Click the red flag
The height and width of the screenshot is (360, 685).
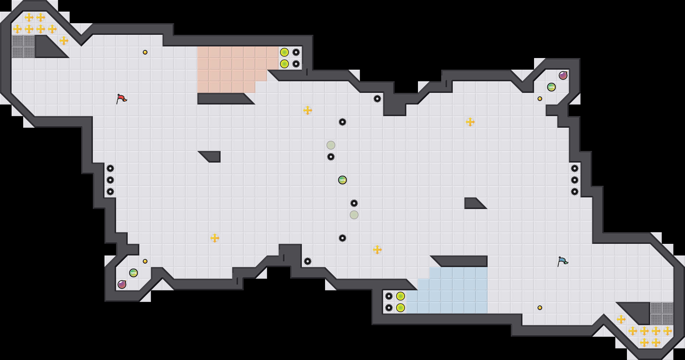pos(121,99)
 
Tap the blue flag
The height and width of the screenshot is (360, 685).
pos(563,261)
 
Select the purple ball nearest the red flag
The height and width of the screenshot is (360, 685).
pos(122,284)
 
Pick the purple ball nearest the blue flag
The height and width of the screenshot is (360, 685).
pos(563,75)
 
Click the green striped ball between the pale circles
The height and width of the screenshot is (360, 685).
pos(342,180)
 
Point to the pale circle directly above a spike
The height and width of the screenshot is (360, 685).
pos(331,145)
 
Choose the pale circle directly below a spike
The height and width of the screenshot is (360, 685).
pos(354,215)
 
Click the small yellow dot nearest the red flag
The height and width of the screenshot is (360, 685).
pos(145,52)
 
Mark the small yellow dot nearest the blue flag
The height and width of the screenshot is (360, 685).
pos(540,308)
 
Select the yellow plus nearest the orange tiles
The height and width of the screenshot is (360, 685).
pos(308,110)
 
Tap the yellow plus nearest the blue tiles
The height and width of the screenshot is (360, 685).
pos(377,250)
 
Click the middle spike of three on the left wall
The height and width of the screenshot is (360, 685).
pos(110,180)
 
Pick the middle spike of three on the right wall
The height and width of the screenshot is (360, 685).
pos(575,180)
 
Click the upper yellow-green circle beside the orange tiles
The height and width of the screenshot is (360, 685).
pos(284,52)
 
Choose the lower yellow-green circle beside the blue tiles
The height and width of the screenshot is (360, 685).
pos(401,308)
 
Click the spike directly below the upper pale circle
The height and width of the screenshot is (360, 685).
pos(331,157)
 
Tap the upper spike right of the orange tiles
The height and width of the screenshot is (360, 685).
pos(296,52)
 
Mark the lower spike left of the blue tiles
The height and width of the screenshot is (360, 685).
pos(389,308)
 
